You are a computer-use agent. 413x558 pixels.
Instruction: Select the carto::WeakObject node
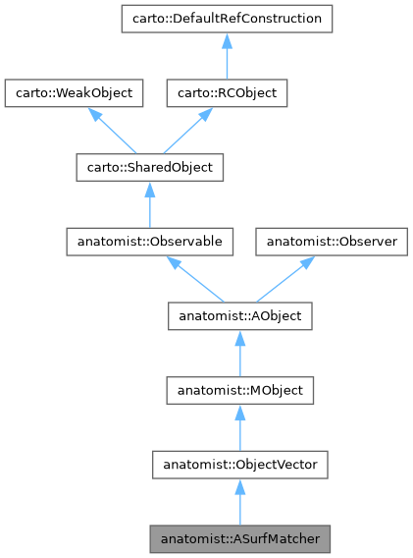coord(75,93)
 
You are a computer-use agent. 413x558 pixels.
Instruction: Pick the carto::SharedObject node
coord(148,168)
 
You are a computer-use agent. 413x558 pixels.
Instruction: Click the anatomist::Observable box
coord(148,242)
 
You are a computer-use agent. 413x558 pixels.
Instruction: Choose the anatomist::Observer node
coord(332,242)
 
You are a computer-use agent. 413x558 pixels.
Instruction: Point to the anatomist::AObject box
coord(240,316)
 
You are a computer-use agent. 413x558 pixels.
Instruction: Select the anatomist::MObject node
coord(240,391)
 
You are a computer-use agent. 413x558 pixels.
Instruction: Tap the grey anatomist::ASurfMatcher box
coord(240,539)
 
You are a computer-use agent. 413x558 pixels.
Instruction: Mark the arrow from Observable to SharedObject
coord(148,206)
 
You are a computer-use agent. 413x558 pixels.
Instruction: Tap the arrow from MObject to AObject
coord(240,355)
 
